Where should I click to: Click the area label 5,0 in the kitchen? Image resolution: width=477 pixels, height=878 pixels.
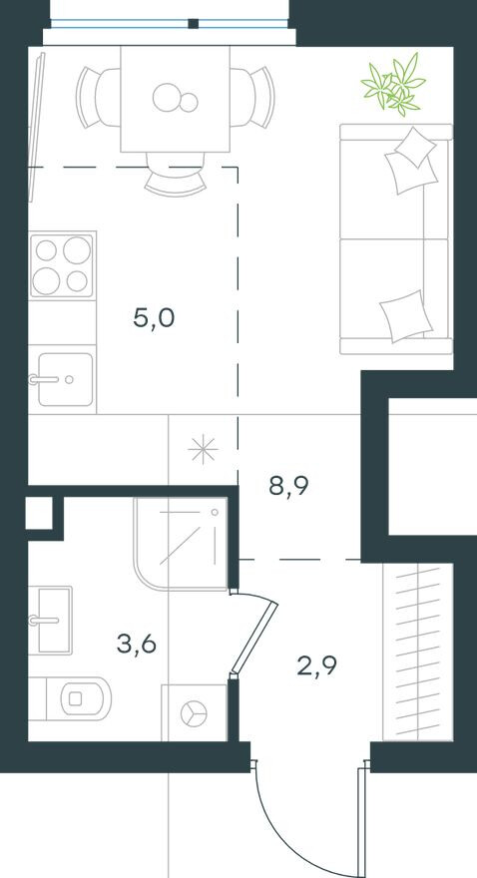pyautogui.click(x=154, y=319)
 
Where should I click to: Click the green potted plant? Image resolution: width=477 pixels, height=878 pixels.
pyautogui.click(x=394, y=85)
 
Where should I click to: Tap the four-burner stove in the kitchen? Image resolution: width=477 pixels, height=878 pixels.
pyautogui.click(x=61, y=264)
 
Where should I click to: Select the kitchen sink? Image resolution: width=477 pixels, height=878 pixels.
pyautogui.click(x=64, y=379)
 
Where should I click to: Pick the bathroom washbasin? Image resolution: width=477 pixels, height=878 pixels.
pyautogui.click(x=52, y=619)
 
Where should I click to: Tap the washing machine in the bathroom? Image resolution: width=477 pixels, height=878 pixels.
pyautogui.click(x=194, y=712)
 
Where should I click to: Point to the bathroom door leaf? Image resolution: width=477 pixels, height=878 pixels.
pyautogui.click(x=252, y=635)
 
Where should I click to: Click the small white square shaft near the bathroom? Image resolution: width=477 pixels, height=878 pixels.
pyautogui.click(x=39, y=515)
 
